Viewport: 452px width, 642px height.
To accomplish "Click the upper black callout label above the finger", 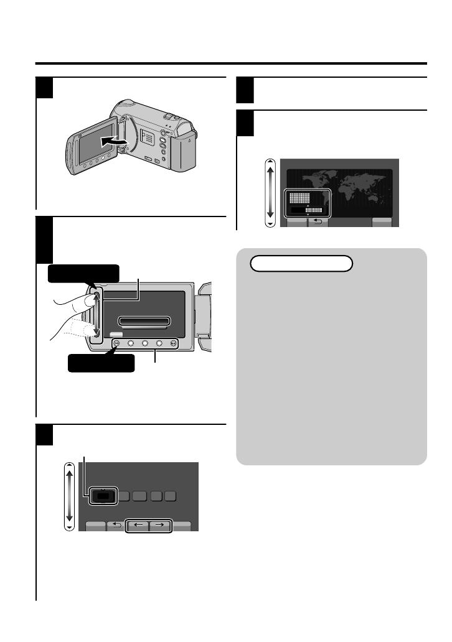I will tap(83, 272).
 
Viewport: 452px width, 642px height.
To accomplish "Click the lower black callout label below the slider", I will tap(101, 362).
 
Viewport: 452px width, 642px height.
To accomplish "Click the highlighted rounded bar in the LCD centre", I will tap(144, 321).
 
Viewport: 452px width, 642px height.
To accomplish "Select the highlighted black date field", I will tap(102, 496).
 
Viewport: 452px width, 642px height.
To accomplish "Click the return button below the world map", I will tap(318, 222).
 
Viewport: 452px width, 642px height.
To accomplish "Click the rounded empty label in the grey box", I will tap(301, 263).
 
